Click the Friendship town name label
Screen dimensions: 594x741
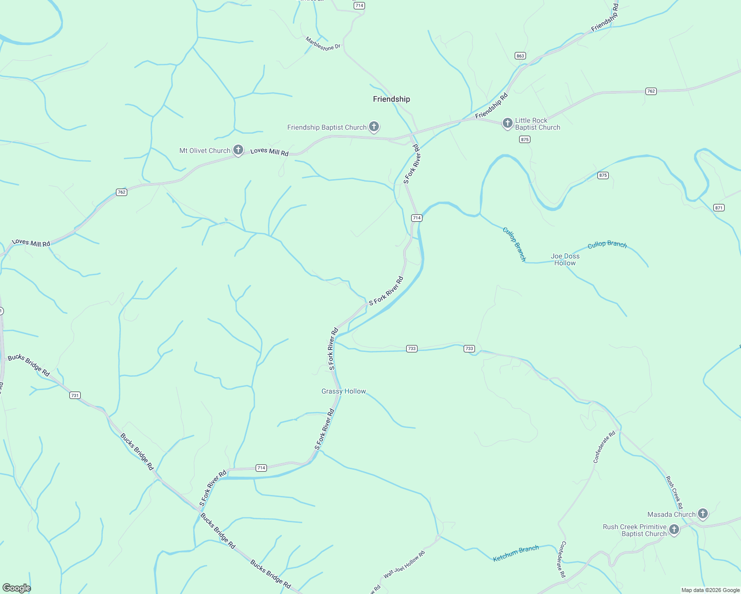coord(391,99)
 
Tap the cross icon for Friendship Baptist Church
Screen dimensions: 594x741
coord(374,127)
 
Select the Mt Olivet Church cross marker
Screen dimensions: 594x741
coord(238,150)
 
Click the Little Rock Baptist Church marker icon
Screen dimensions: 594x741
coord(507,123)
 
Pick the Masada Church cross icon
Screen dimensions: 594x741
coord(703,514)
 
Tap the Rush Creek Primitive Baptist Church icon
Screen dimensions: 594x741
coord(674,530)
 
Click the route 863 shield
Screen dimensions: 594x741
coord(520,56)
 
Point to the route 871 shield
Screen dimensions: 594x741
coord(719,207)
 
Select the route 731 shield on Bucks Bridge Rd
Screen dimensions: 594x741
coord(75,395)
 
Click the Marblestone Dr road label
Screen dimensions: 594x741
coord(323,44)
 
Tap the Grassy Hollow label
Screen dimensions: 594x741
coord(344,391)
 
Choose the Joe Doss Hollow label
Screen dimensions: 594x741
coord(565,259)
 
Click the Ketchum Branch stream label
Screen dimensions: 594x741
coord(516,553)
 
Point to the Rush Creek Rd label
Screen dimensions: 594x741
coord(674,493)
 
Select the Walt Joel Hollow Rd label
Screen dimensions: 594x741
coord(404,565)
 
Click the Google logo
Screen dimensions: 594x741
coord(16,588)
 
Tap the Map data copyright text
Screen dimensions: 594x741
coord(710,590)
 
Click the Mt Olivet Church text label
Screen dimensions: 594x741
coord(205,150)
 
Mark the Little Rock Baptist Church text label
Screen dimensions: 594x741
coord(537,124)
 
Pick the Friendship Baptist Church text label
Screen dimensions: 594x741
coord(327,127)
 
